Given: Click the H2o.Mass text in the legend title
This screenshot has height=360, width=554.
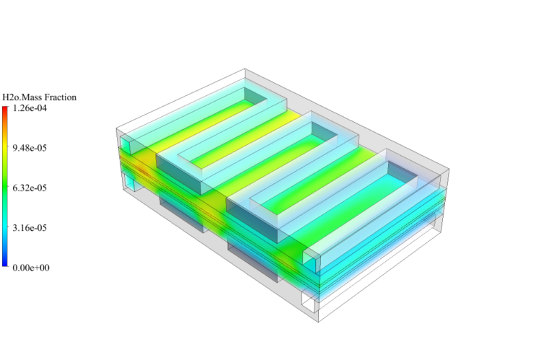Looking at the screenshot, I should pyautogui.click(x=22, y=97).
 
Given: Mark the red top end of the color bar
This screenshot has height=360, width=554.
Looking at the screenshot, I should pyautogui.click(x=5, y=110).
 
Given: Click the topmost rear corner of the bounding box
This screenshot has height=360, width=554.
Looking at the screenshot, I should pyautogui.click(x=245, y=70).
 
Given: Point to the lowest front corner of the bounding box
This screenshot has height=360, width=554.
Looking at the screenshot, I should pyautogui.click(x=318, y=322).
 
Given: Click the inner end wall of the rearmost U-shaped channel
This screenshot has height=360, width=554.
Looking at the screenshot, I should pyautogui.click(x=254, y=98).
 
